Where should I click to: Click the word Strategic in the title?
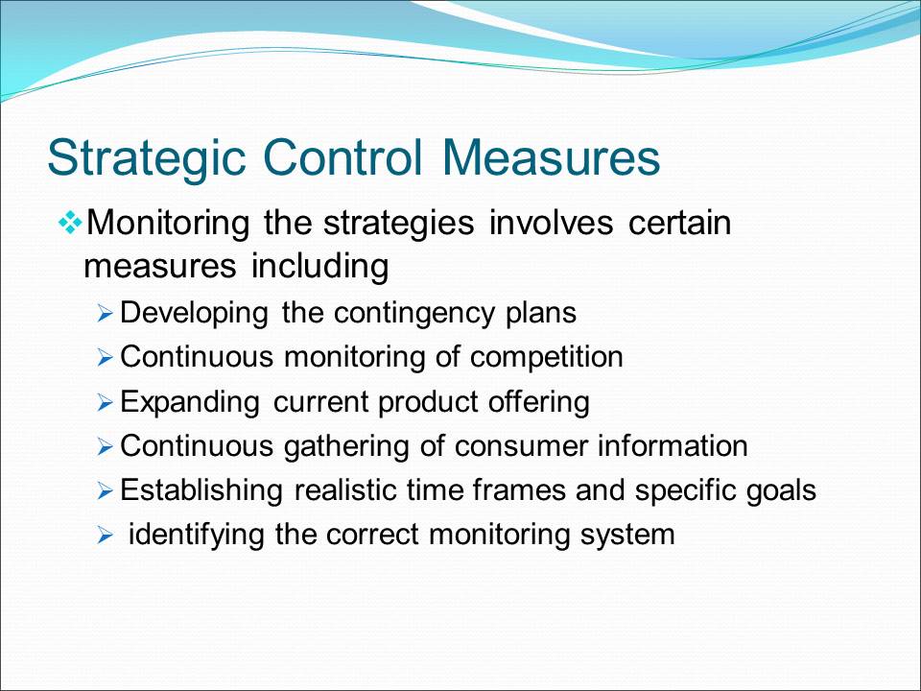146,158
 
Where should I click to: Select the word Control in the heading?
343,156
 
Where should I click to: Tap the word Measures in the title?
552,156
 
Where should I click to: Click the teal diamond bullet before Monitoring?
70,224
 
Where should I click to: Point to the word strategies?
399,225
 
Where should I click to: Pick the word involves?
551,223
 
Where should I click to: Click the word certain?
679,223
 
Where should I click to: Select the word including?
320,267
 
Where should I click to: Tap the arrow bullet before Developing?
105,313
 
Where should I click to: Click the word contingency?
414,313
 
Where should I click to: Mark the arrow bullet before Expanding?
105,402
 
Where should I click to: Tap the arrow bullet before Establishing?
105,490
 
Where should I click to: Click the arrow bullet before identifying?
105,536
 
